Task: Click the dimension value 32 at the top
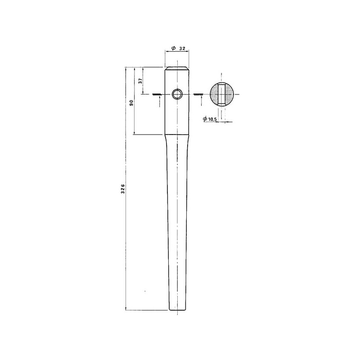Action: point(182,49)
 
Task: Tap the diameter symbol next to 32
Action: point(174,48)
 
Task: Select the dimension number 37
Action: point(140,81)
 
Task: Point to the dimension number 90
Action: point(131,103)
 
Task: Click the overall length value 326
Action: point(123,189)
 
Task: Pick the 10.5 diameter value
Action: point(212,119)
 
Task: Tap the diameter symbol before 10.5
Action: point(205,119)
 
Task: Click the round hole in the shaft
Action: point(177,94)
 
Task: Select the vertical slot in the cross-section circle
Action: point(221,94)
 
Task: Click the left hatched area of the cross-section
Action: point(214,94)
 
